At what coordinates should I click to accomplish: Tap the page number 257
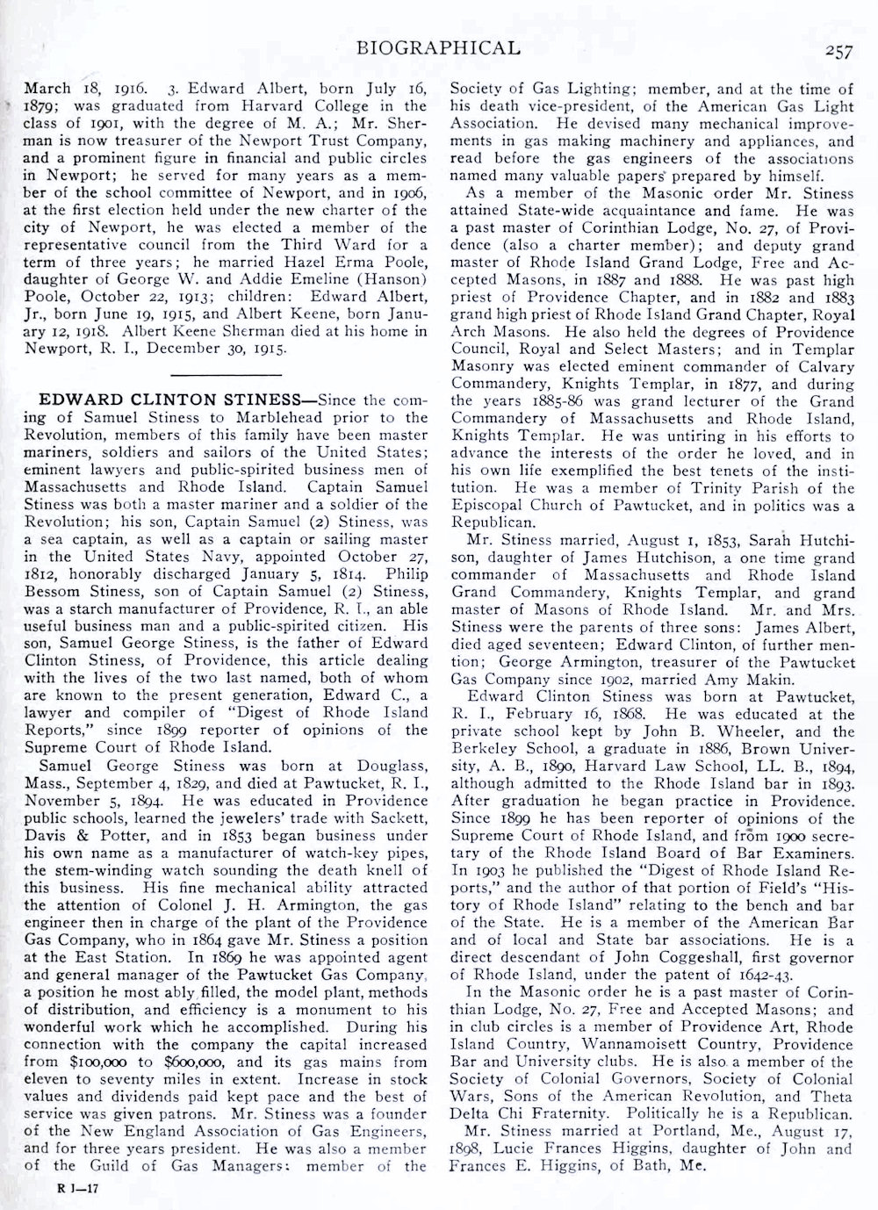(838, 51)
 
